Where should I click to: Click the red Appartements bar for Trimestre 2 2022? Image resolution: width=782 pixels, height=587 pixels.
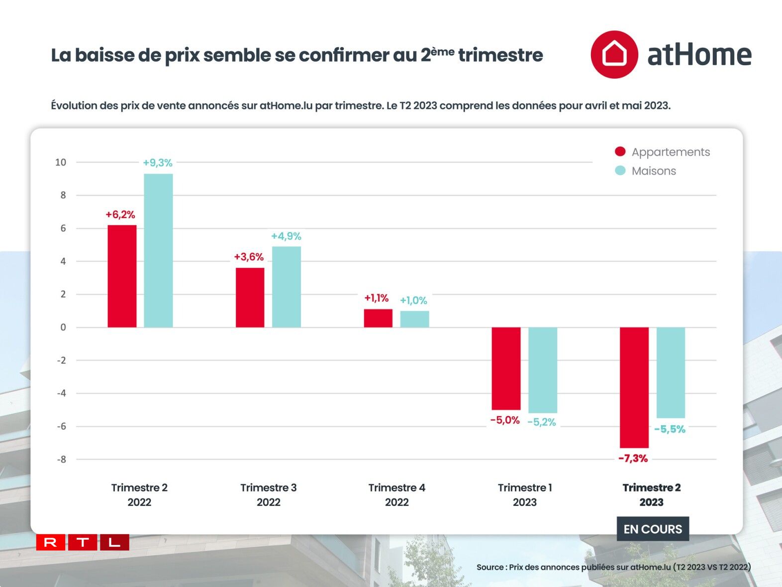tap(122, 276)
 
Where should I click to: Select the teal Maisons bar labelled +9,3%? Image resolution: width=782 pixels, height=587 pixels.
tap(158, 250)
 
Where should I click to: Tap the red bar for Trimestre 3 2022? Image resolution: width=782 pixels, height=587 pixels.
tap(250, 298)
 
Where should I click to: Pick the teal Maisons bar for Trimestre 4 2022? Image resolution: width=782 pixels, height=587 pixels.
tap(414, 319)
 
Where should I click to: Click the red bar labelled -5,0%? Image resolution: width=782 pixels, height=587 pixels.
tap(506, 368)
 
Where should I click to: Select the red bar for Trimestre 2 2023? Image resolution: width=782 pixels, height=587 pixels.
tap(634, 387)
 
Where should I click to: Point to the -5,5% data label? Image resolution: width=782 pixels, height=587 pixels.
tap(670, 429)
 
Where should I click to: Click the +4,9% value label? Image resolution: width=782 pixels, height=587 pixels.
tap(286, 236)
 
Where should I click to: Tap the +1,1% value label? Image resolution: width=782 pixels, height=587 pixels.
tap(376, 298)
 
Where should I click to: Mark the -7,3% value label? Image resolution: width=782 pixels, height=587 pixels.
tap(633, 459)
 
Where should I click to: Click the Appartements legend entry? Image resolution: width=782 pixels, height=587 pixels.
tap(663, 152)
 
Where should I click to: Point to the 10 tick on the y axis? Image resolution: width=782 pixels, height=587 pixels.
tap(61, 162)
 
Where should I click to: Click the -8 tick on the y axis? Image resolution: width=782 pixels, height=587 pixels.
tap(61, 460)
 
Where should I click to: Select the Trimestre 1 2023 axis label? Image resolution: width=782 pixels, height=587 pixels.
tap(525, 495)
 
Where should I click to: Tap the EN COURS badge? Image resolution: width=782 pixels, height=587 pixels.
tap(653, 529)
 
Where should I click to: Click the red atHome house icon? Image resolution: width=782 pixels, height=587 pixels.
tap(614, 54)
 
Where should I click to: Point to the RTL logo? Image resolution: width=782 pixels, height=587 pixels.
tap(83, 542)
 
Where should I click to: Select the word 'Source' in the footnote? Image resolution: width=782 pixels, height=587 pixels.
tap(490, 567)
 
